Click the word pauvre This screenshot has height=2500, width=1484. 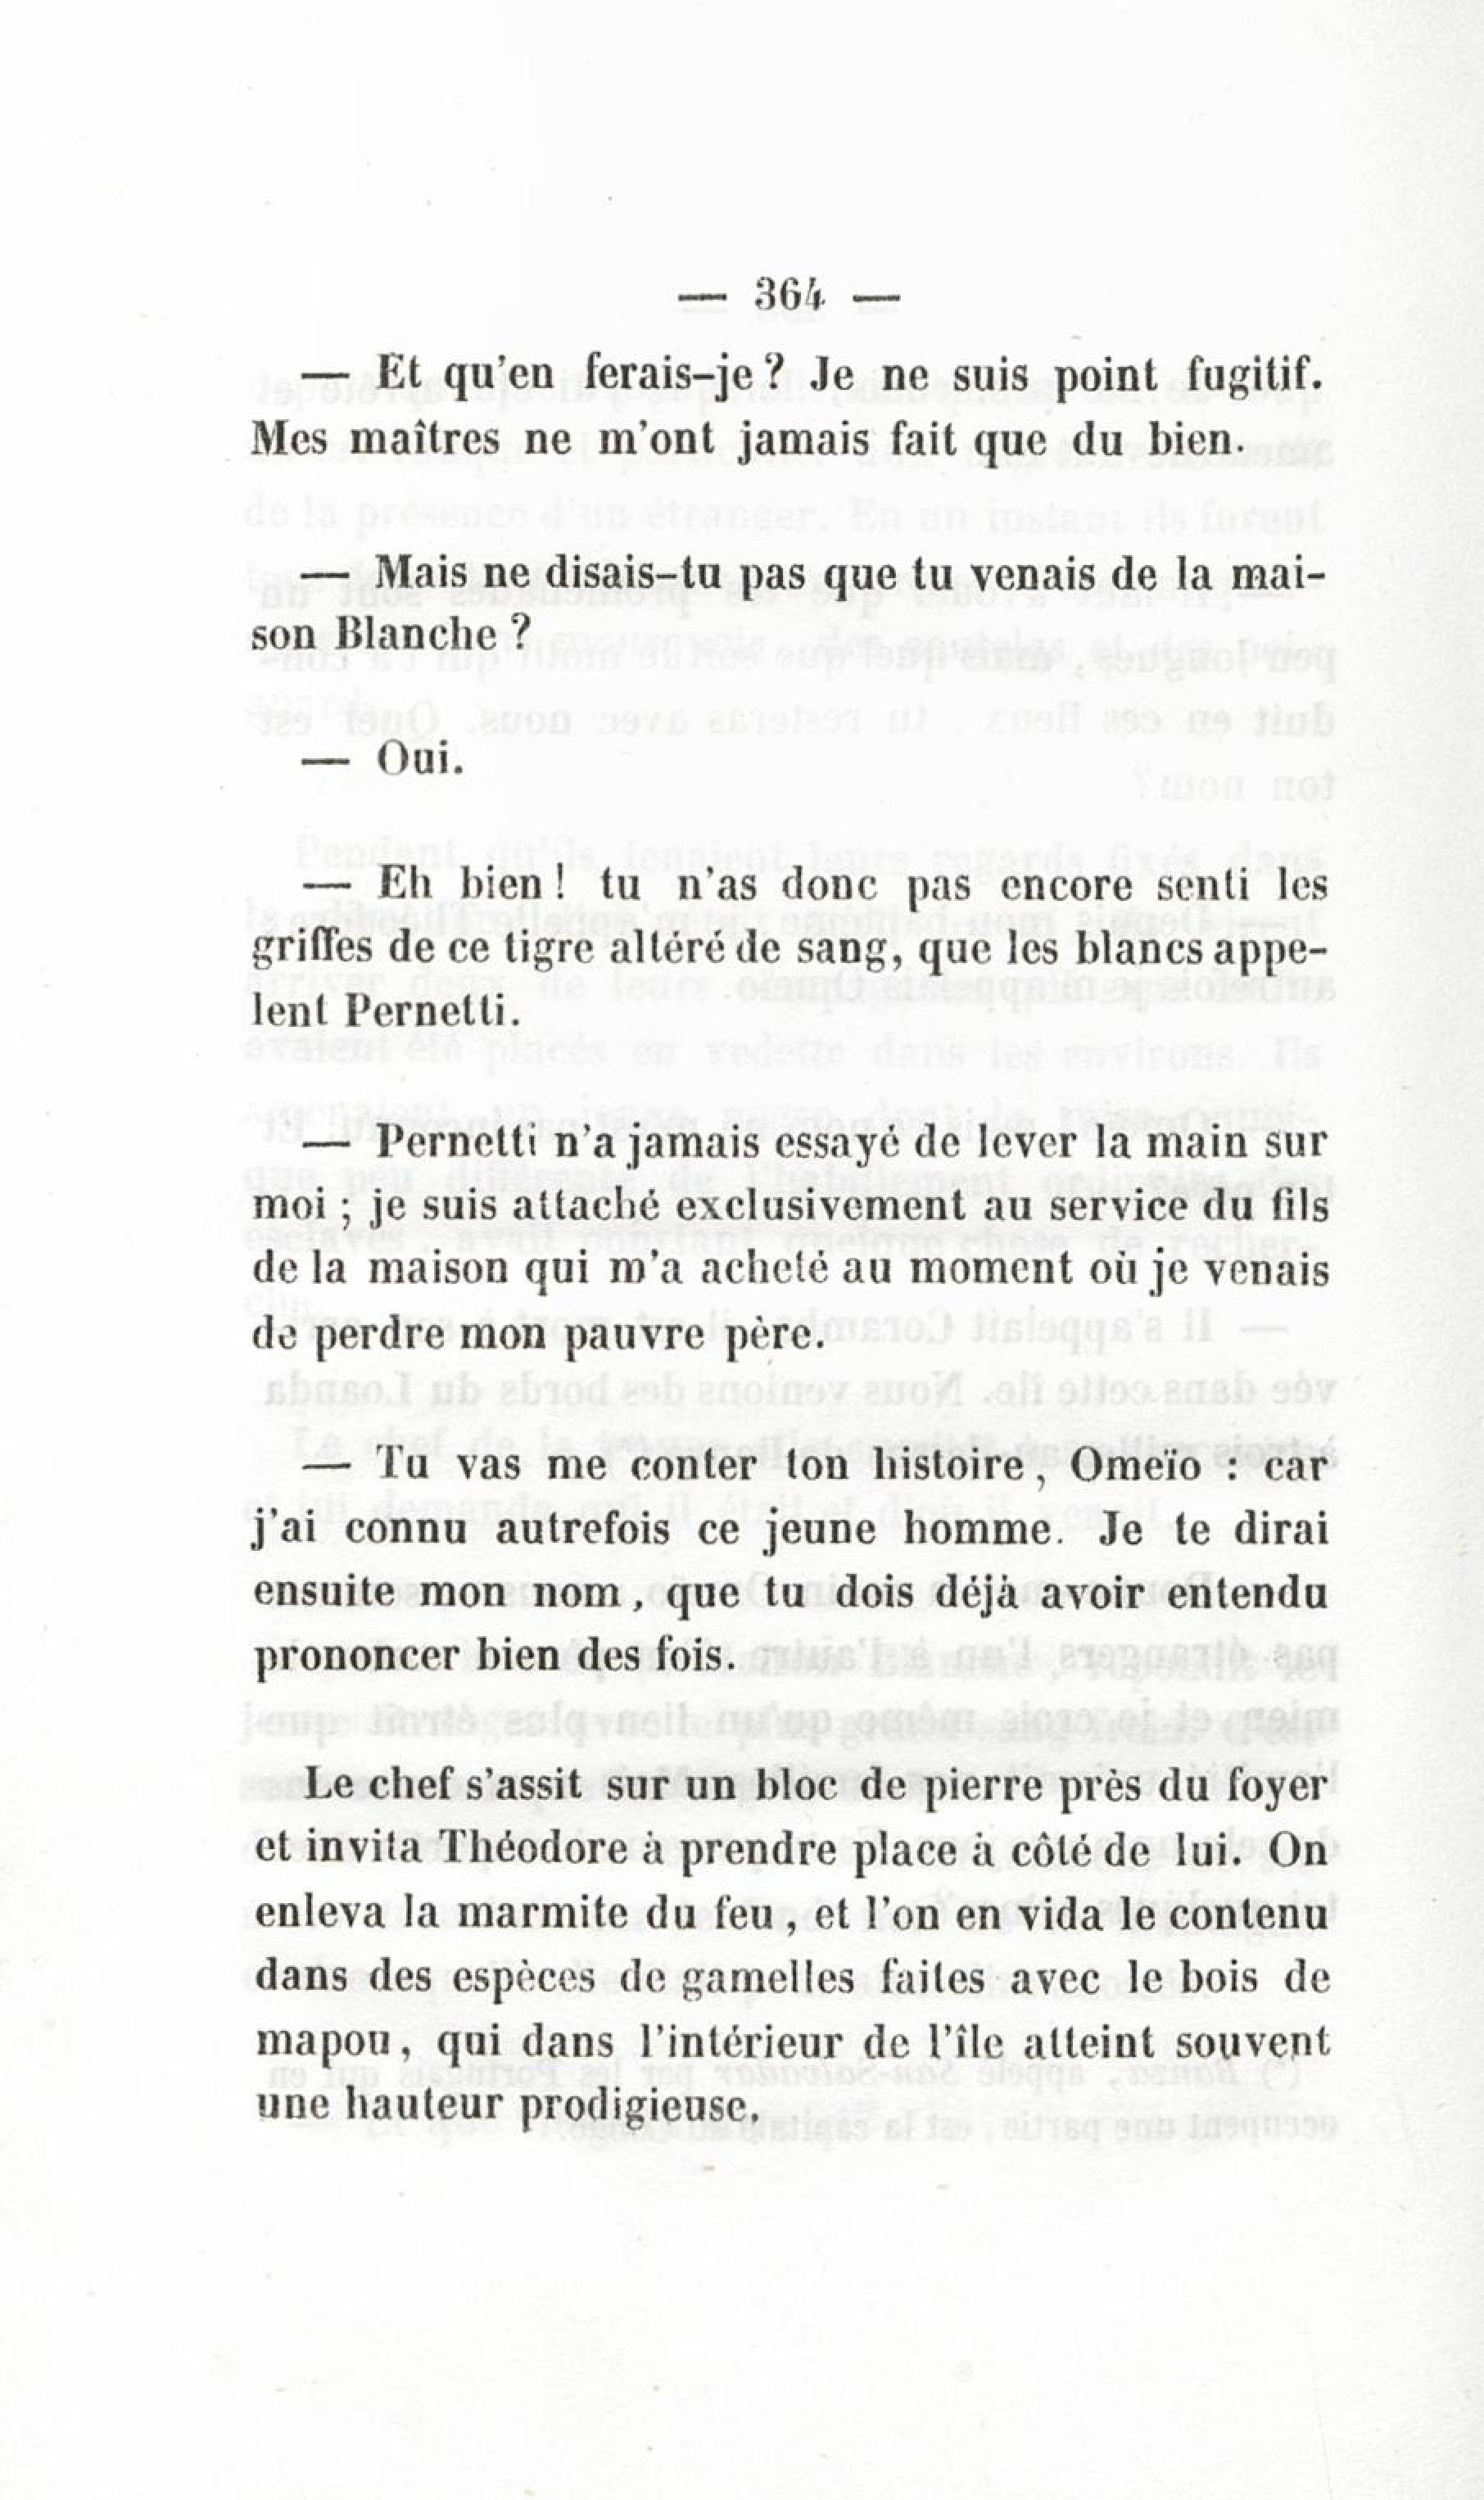633,1335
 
